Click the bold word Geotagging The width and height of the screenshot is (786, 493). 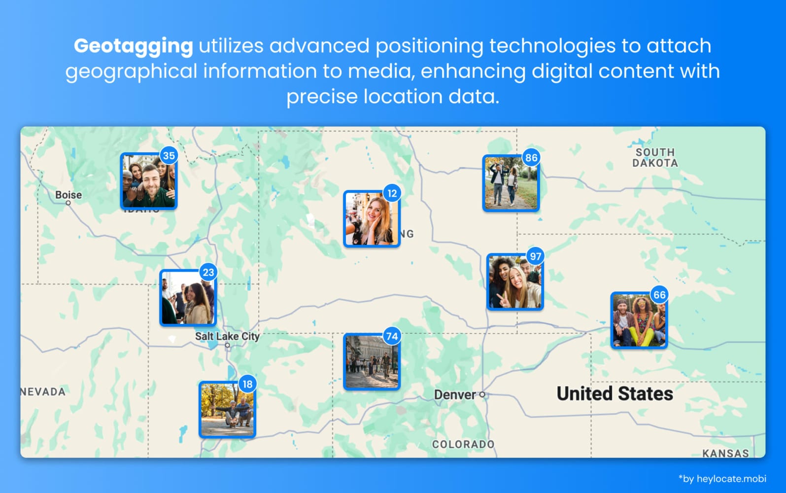[x=133, y=46]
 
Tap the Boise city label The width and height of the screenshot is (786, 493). [x=68, y=195]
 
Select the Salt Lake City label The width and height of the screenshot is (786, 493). [x=227, y=336]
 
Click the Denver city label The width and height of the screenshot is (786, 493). [x=455, y=395]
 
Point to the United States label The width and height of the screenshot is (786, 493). [x=615, y=393]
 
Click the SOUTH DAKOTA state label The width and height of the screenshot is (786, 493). [x=655, y=158]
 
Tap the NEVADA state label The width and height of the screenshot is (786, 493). [x=43, y=392]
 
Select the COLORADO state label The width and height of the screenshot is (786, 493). [x=463, y=444]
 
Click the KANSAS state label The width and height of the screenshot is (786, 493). [x=725, y=453]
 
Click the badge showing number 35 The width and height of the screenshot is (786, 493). [x=169, y=156]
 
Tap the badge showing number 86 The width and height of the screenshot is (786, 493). [x=531, y=158]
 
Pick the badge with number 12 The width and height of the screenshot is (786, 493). [x=392, y=193]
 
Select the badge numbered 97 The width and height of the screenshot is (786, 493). [x=535, y=256]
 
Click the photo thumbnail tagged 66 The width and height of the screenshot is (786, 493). [x=639, y=321]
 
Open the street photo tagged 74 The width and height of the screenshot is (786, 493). [x=372, y=362]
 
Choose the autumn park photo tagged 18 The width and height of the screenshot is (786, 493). [x=227, y=410]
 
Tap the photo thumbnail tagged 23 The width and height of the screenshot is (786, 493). [x=188, y=298]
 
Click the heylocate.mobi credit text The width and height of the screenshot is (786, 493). [x=722, y=478]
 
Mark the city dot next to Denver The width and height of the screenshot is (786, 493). [x=482, y=395]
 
